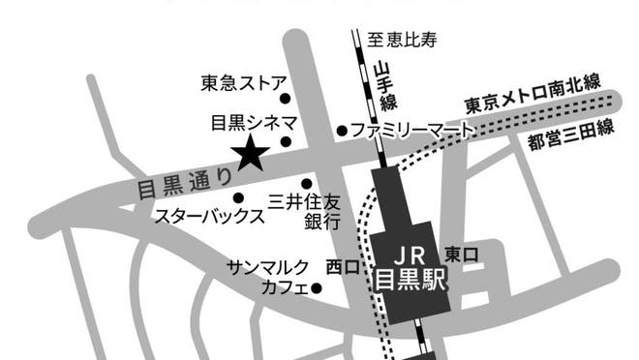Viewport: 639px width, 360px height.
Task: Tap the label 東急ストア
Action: point(238,82)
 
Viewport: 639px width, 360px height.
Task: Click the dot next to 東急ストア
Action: point(285,98)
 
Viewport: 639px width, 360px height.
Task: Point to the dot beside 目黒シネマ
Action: point(285,141)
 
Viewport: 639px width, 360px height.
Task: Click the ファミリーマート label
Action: point(411,129)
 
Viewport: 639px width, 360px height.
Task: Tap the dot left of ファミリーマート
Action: point(341,130)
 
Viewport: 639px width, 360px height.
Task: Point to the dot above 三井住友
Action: point(307,183)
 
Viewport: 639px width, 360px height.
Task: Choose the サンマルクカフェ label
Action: point(268,276)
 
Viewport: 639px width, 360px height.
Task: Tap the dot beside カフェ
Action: point(316,287)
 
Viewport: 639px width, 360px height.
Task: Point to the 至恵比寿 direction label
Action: point(403,41)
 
